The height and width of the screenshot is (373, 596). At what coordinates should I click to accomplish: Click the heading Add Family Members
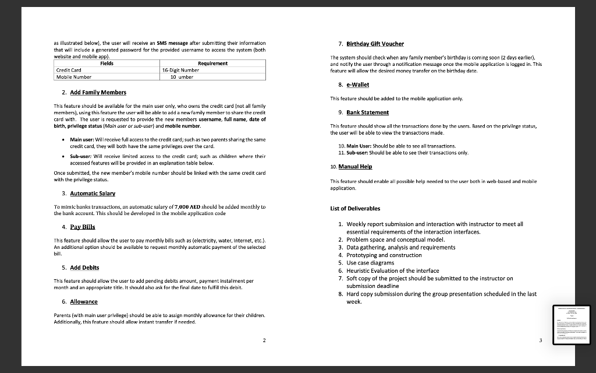(x=98, y=93)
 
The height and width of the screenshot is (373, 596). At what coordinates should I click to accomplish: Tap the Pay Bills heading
(x=82, y=227)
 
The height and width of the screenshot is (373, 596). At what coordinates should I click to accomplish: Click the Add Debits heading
(x=84, y=268)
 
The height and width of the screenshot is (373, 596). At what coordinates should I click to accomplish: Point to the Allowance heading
(x=84, y=301)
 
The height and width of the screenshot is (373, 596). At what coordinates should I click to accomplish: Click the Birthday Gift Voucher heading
(x=375, y=44)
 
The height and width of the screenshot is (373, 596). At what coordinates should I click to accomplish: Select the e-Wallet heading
(x=357, y=85)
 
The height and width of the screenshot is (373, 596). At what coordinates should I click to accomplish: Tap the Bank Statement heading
(x=368, y=112)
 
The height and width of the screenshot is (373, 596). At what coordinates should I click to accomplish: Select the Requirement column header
(x=212, y=63)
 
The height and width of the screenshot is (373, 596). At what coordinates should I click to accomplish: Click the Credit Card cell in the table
(x=68, y=69)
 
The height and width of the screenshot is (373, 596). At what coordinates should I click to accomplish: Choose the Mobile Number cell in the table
(x=73, y=76)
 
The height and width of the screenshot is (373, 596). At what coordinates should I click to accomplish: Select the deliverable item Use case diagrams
(x=370, y=263)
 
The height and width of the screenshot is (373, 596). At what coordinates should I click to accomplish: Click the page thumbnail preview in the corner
(x=572, y=325)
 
